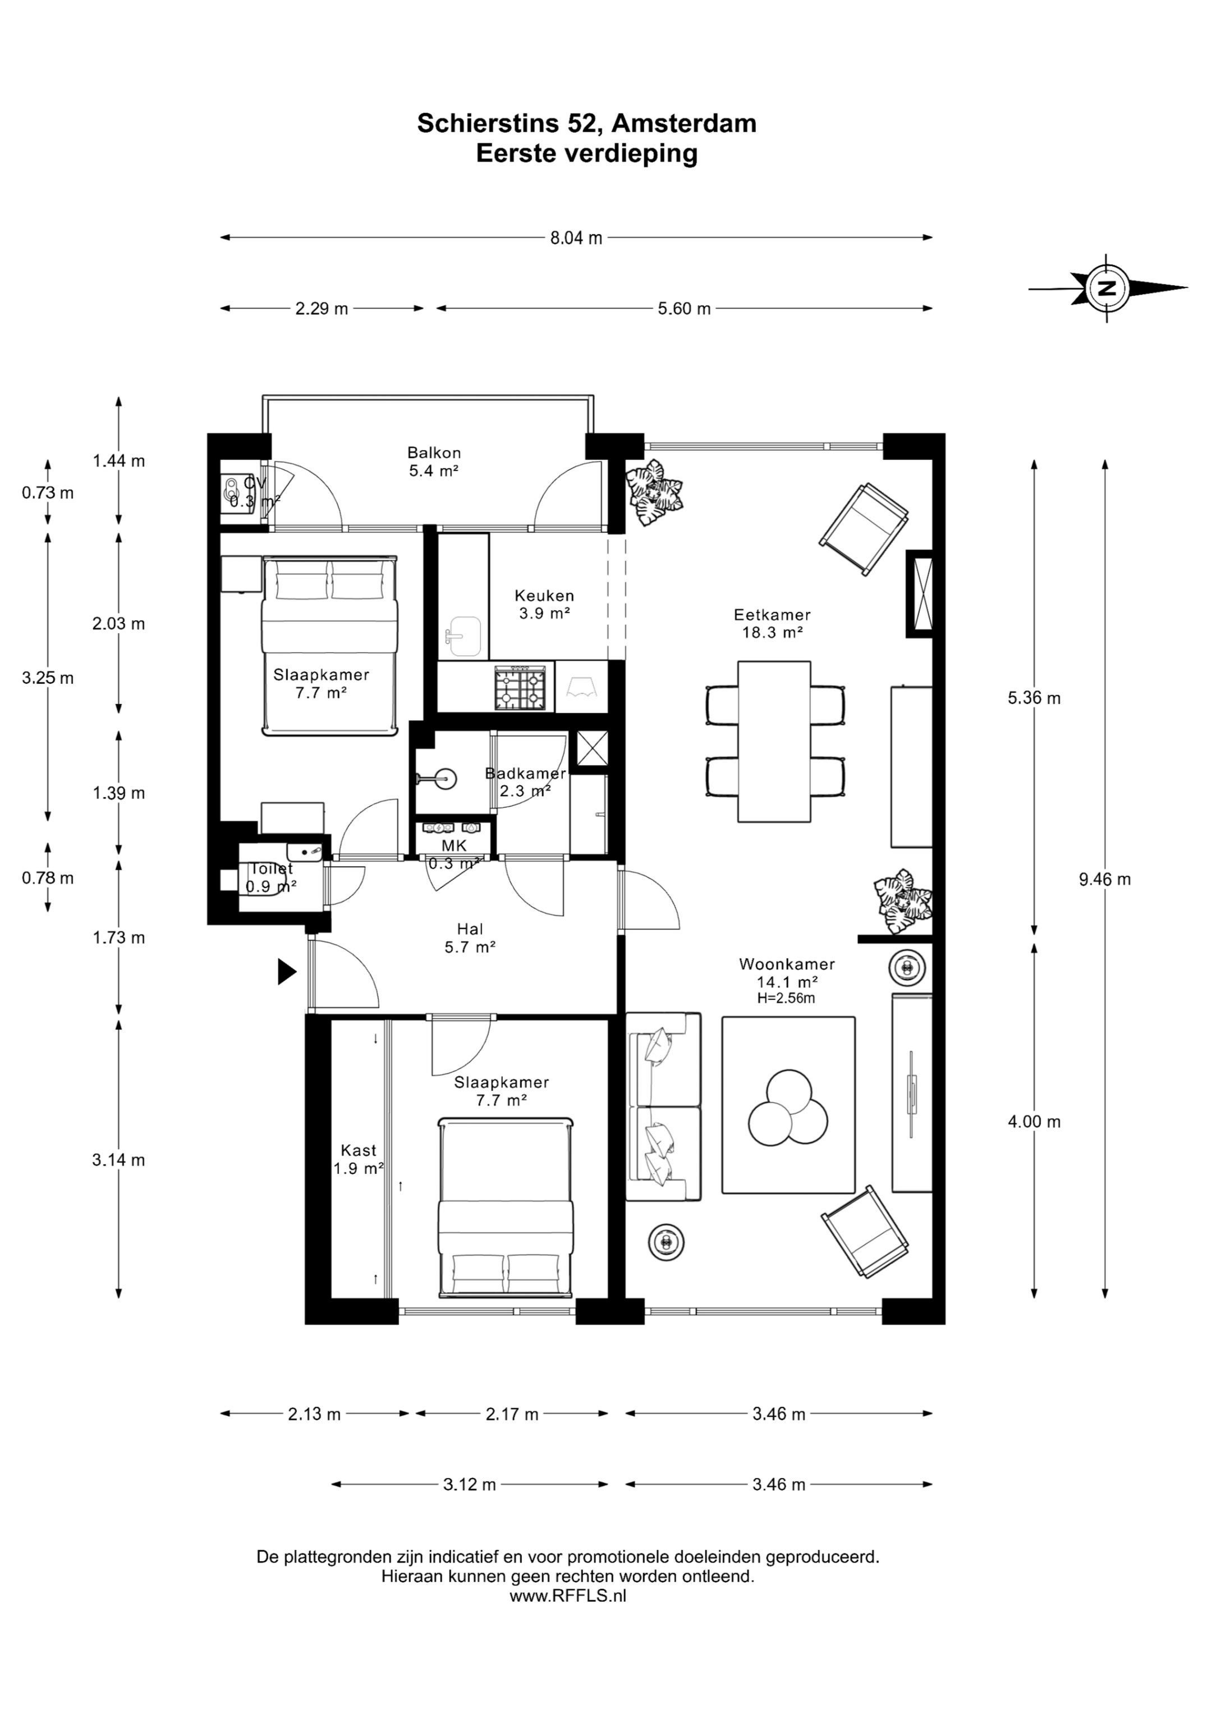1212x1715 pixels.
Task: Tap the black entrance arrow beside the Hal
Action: pos(287,971)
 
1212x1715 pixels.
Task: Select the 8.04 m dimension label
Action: pos(576,238)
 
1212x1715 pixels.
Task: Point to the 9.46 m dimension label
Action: pos(1104,879)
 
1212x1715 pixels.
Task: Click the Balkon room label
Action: pos(434,452)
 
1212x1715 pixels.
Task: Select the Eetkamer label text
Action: pos(772,615)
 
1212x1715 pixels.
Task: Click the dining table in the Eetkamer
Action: pos(774,741)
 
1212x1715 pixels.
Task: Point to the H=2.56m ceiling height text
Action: pos(786,998)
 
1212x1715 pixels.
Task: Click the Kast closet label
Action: pos(359,1150)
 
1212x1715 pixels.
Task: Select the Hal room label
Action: pos(470,929)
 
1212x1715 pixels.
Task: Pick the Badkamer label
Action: pos(525,773)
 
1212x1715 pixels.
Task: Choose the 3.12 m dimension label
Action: pos(470,1484)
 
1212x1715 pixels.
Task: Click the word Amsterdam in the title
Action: pos(683,124)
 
